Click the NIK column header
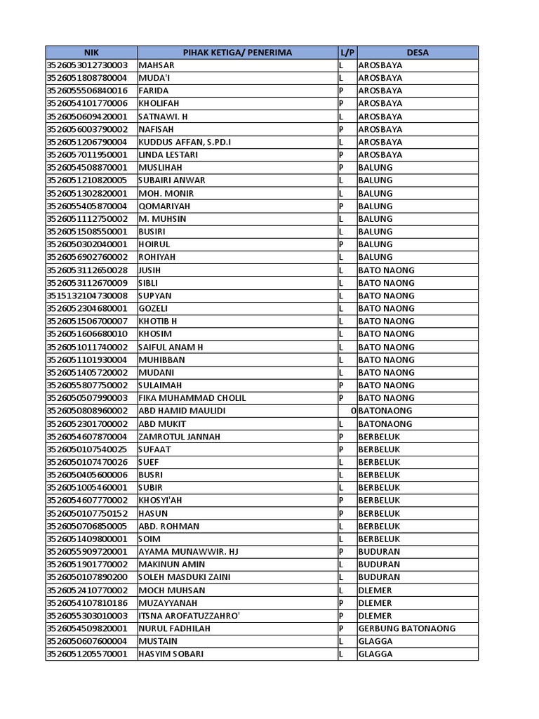point(91,53)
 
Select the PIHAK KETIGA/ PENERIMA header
point(237,53)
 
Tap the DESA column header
point(417,53)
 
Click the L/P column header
point(347,53)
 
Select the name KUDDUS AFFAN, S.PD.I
point(185,142)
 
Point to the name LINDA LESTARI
point(168,154)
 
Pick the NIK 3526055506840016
point(87,91)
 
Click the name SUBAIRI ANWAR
point(173,180)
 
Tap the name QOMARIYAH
point(165,206)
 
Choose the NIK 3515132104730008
point(87,296)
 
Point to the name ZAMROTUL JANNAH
point(180,437)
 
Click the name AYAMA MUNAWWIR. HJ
point(189,552)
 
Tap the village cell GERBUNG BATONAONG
point(407,628)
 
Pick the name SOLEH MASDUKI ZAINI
point(184,577)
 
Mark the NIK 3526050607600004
point(87,641)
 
